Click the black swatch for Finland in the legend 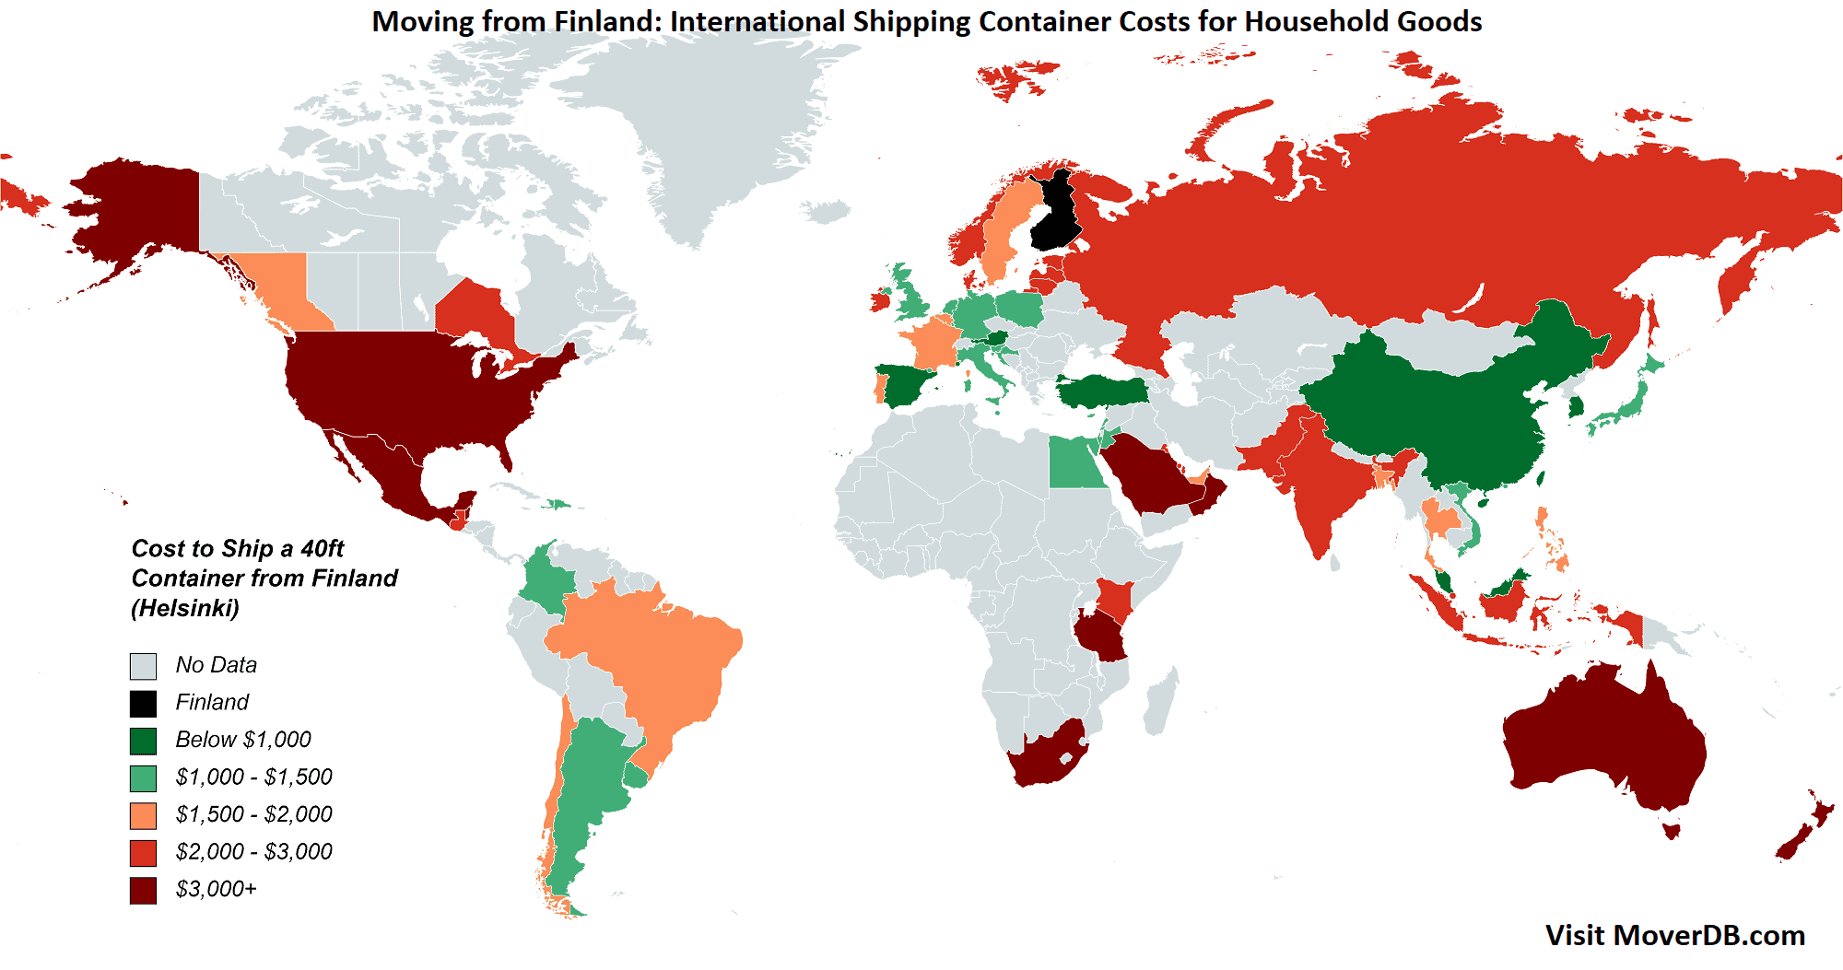[143, 704]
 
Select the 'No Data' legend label [216, 665]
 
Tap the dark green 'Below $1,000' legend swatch [143, 741]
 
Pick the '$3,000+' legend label [216, 889]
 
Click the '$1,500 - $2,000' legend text [253, 814]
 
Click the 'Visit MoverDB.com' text [1674, 935]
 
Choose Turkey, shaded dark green [1101, 392]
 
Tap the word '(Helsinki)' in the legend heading [185, 608]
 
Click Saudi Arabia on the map [1147, 474]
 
